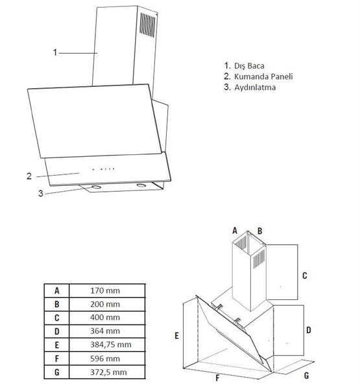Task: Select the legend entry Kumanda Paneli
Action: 260,76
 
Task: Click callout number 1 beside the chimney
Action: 55,52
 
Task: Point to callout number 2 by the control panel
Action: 30,176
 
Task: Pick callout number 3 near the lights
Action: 40,193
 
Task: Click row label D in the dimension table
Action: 57,331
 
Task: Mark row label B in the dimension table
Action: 57,304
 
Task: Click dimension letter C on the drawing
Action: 304,275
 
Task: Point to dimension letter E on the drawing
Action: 176,336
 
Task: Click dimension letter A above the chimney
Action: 235,230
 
